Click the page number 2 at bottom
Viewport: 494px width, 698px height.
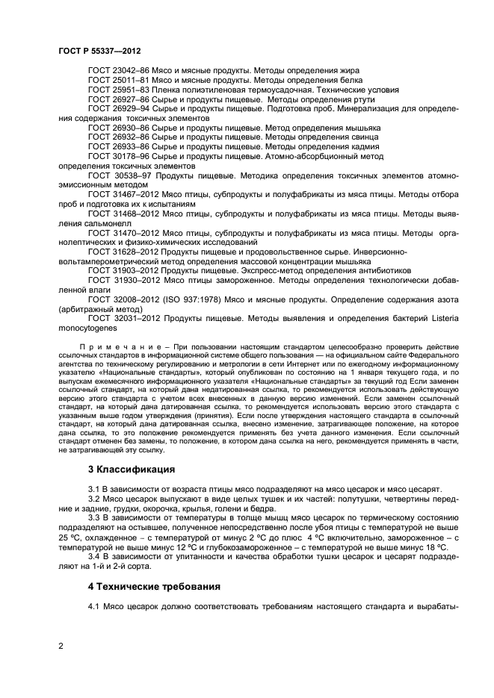[x=61, y=645]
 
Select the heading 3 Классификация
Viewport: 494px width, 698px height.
[x=132, y=470]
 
